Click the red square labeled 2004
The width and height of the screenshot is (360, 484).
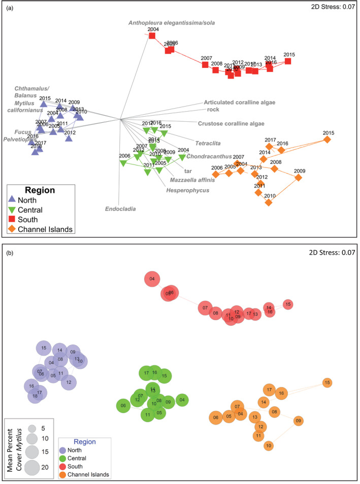[x=152, y=36]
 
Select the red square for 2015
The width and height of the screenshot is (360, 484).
[x=288, y=61]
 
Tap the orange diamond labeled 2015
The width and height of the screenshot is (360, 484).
[x=327, y=140]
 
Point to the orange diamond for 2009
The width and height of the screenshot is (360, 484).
[x=299, y=178]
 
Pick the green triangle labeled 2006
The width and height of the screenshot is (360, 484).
[x=122, y=163]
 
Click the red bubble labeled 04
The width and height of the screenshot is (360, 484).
[x=152, y=279]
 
